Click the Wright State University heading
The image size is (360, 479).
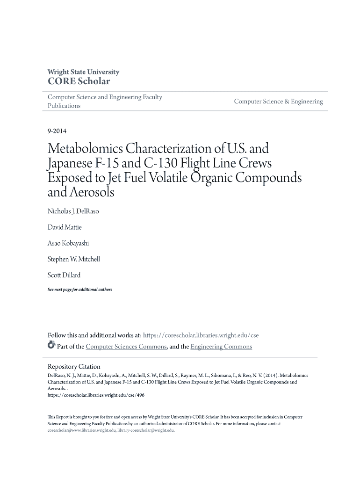[83, 72]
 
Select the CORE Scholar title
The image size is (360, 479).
[79, 81]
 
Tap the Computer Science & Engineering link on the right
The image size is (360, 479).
[278, 102]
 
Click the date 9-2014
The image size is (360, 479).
[58, 131]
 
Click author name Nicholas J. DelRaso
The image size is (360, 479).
[73, 211]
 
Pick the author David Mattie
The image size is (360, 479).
[65, 227]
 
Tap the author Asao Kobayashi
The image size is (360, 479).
[68, 243]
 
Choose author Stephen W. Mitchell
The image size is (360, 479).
[74, 259]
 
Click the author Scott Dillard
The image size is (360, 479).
[64, 275]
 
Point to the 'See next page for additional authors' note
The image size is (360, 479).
[80, 290]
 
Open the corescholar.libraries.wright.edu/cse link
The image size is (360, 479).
[201, 335]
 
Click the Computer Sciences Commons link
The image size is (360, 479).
[126, 347]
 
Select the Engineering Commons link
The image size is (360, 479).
[221, 347]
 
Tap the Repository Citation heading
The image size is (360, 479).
[74, 367]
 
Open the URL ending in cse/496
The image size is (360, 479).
[96, 395]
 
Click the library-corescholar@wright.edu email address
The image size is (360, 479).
[145, 430]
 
